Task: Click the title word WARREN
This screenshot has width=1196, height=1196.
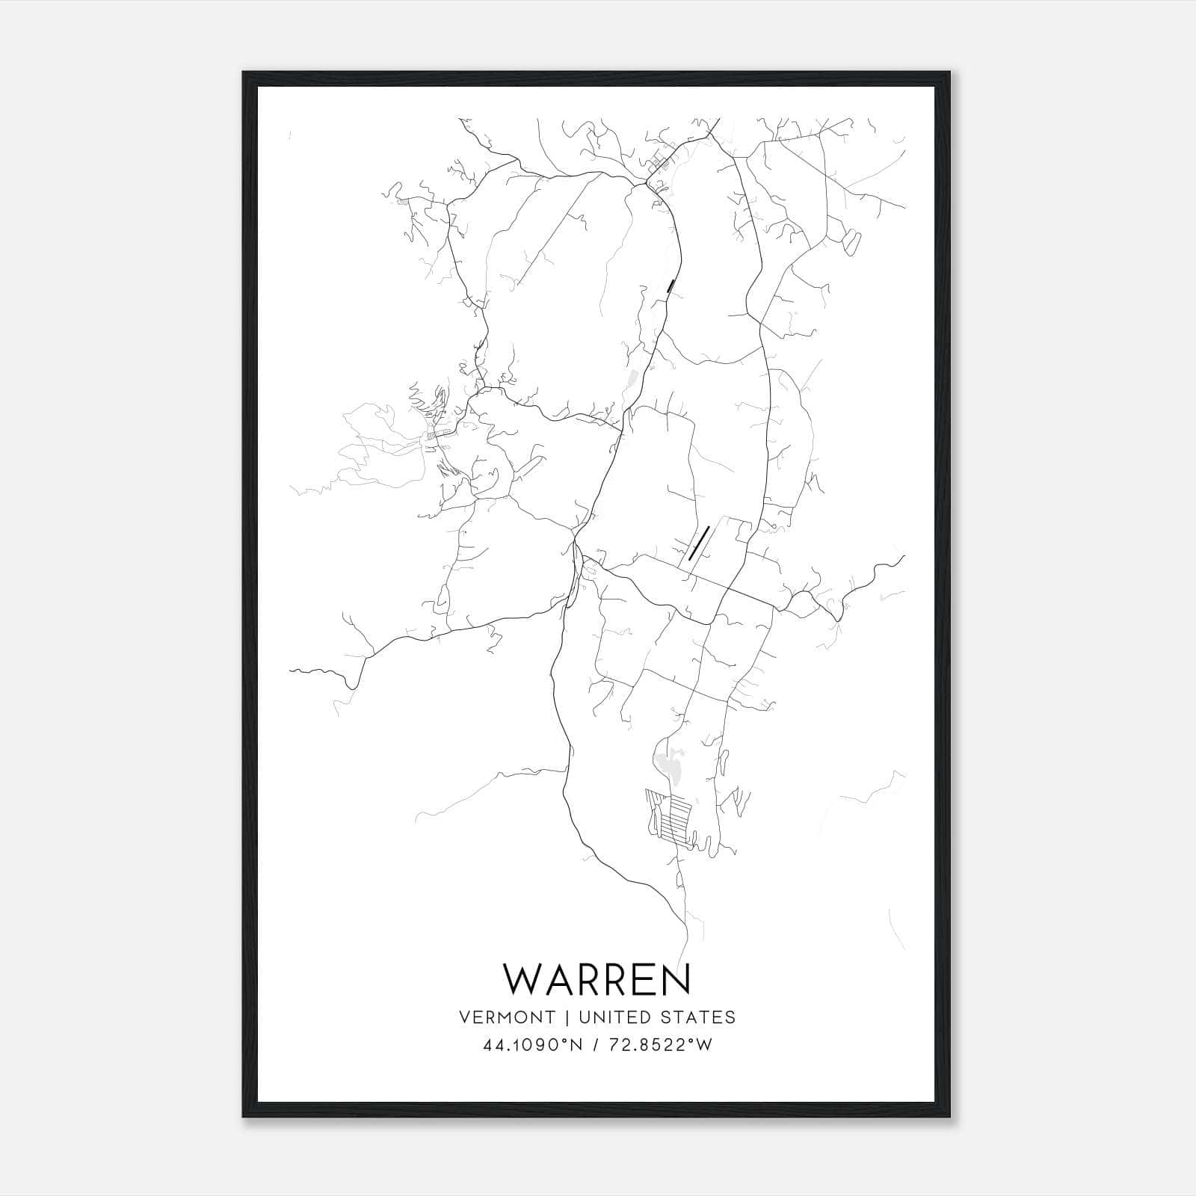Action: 597,980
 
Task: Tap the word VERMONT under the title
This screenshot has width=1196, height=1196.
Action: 508,1017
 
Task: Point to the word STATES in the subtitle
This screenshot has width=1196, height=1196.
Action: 702,1017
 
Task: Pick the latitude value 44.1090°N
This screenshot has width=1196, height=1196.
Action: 532,1046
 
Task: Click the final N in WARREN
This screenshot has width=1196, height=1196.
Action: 676,980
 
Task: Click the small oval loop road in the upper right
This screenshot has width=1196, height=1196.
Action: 851,244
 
